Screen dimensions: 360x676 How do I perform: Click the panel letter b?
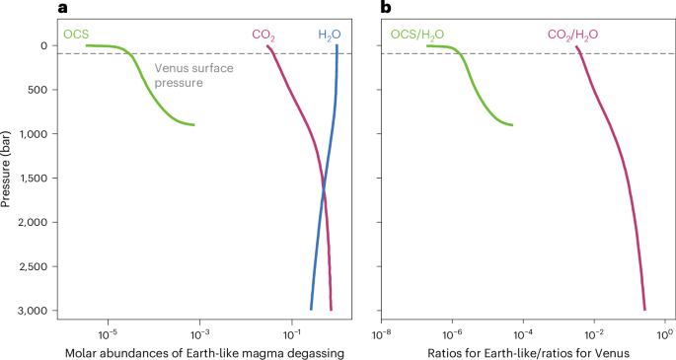(386, 9)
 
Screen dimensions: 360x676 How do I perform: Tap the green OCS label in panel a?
(76, 35)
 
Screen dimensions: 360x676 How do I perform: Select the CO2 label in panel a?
(263, 36)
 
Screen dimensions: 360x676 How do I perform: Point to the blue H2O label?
(329, 36)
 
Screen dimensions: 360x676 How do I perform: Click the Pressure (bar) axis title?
(8, 177)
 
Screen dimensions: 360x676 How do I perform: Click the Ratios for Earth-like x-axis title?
(522, 352)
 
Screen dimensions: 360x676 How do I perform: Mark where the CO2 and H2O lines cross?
(323, 187)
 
